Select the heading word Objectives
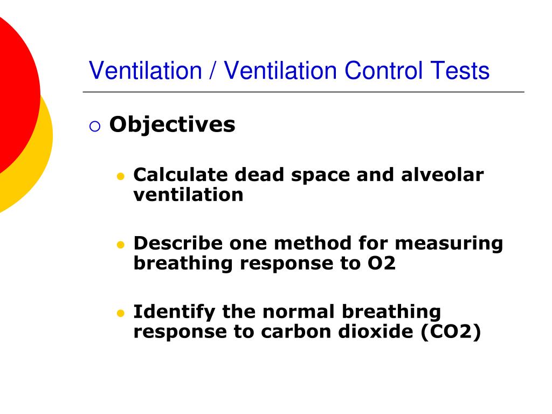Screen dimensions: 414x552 tap(172, 125)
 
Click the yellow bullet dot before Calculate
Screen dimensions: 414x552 tap(121, 177)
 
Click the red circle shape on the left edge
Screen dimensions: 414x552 tap(13, 92)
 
